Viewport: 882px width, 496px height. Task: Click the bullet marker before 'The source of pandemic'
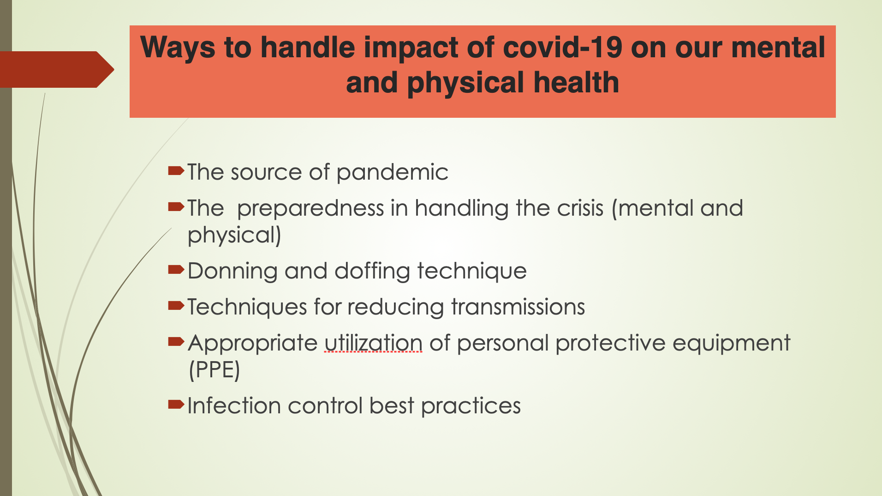pos(176,171)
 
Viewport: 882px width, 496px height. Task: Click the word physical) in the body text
pos(234,236)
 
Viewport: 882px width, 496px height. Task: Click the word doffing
pos(372,271)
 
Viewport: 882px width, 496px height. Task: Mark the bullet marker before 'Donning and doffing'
pos(176,270)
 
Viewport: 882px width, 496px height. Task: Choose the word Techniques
pos(247,308)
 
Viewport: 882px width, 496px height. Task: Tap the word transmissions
pos(518,307)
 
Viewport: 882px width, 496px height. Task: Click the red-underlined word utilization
pos(373,343)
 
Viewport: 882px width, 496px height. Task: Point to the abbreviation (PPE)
pos(215,370)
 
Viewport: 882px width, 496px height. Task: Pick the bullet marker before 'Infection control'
pos(176,405)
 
